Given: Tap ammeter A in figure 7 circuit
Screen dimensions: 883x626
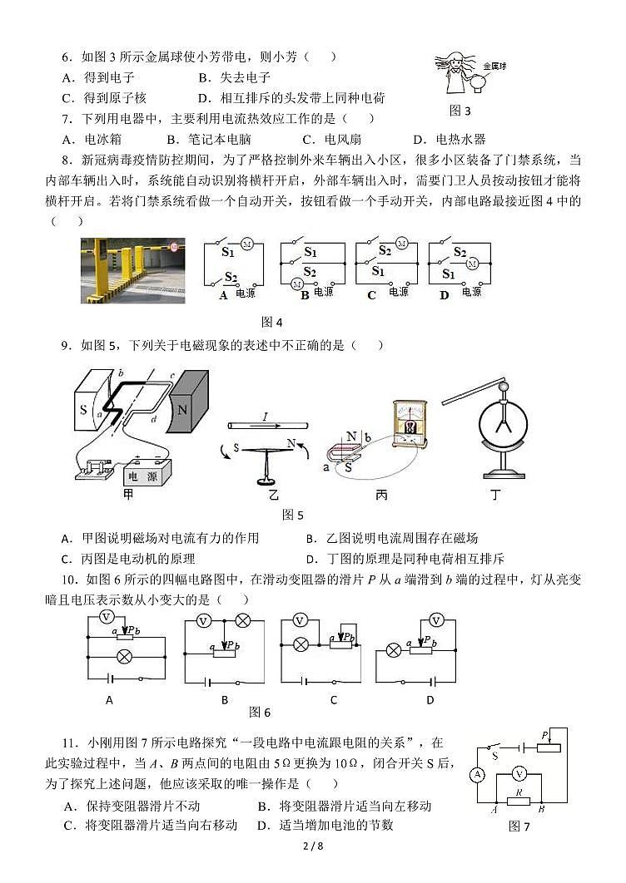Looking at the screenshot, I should click(478, 774).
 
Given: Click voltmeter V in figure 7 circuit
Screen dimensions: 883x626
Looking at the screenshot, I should click(519, 774).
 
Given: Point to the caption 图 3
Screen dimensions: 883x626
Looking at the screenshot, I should click(460, 110).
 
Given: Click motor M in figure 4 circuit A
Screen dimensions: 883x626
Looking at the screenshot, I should click(246, 244).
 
